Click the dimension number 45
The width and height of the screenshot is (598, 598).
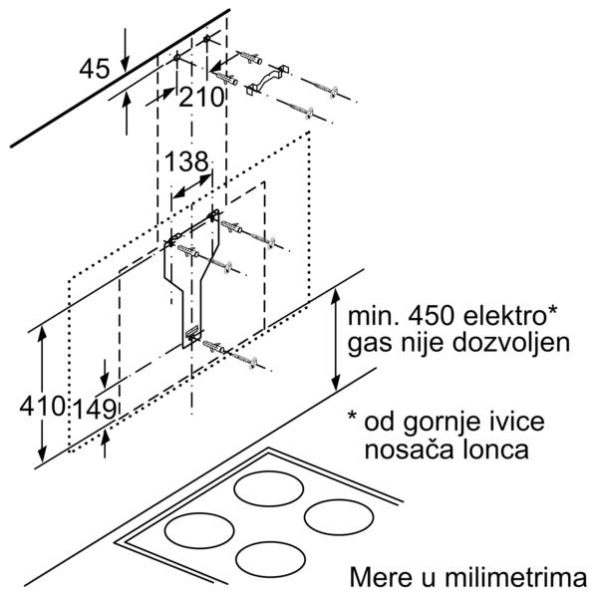click(95, 69)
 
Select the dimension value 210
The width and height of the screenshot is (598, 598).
click(201, 97)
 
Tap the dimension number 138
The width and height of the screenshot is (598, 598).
click(186, 161)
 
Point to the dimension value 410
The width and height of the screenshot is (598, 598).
click(42, 406)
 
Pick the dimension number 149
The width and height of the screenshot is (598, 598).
click(95, 410)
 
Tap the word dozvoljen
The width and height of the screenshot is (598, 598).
click(511, 343)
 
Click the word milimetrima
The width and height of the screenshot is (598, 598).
click(515, 578)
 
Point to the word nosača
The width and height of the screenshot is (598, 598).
click(408, 450)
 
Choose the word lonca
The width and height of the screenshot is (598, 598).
click(493, 449)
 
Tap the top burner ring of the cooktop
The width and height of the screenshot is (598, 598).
click(269, 489)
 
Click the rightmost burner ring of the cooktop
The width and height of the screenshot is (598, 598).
click(339, 518)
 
